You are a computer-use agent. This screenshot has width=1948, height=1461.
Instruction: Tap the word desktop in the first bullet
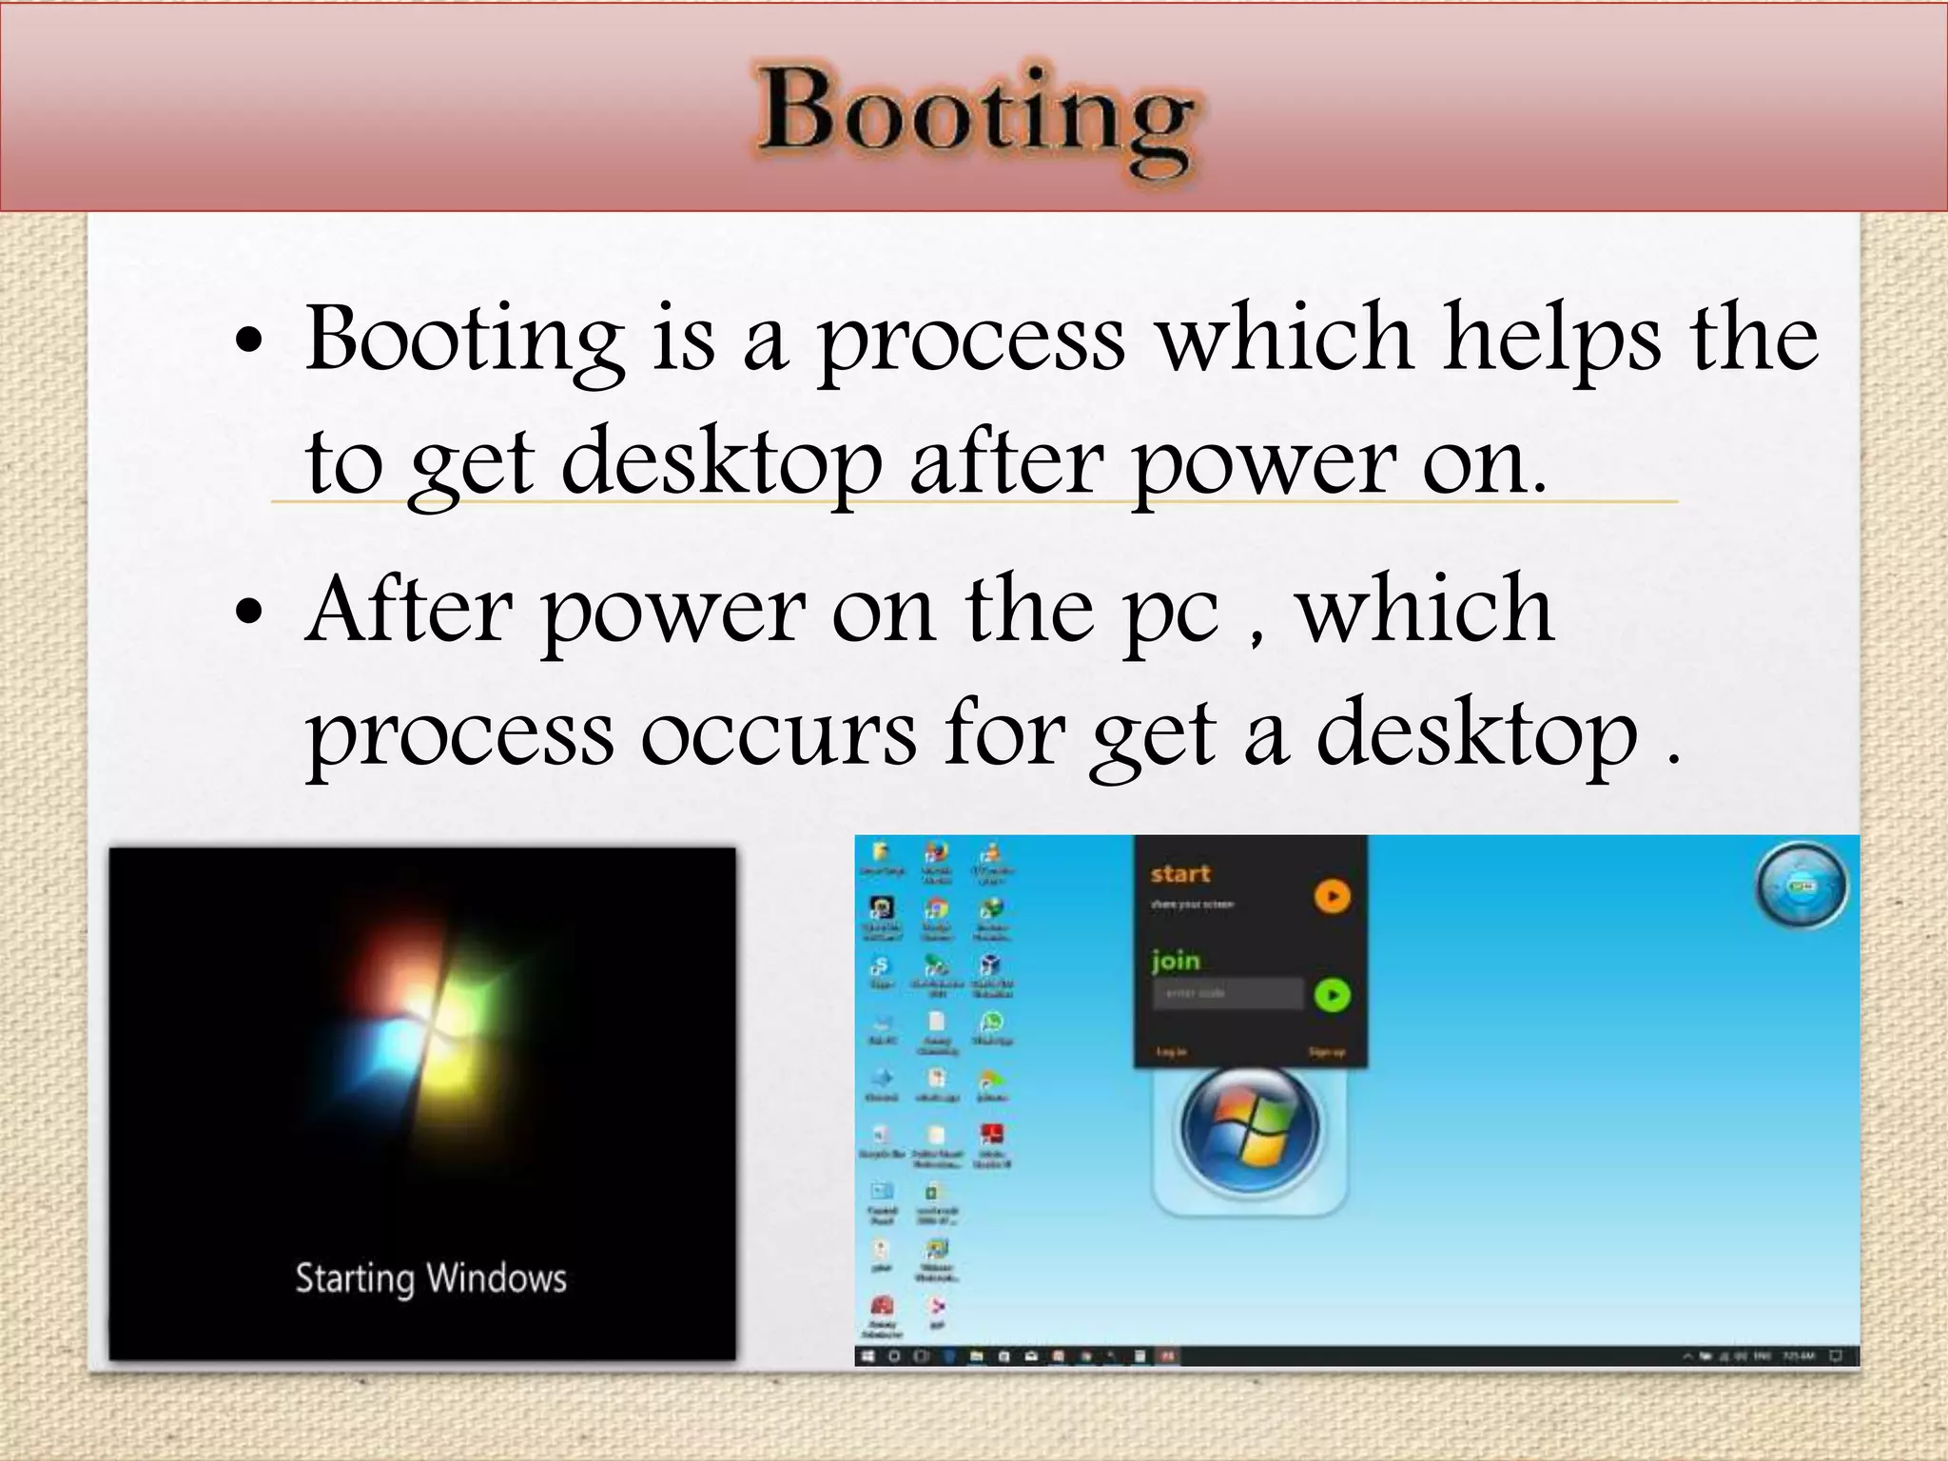(720, 462)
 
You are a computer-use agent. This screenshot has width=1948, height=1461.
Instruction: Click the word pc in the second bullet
(1171, 614)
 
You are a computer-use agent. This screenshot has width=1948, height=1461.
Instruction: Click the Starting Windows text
(430, 1278)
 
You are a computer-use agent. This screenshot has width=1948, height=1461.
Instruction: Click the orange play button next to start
(1332, 896)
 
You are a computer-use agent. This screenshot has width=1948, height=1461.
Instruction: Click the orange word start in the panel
(1179, 873)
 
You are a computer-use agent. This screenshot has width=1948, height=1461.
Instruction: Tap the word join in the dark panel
(1175, 961)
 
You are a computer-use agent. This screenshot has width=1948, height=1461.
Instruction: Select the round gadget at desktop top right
(1800, 886)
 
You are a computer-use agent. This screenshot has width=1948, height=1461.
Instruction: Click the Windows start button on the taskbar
(867, 1355)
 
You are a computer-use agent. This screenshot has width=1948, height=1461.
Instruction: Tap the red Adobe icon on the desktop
(991, 1135)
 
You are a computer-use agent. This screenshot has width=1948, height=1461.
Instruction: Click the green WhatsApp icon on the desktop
(991, 1023)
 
